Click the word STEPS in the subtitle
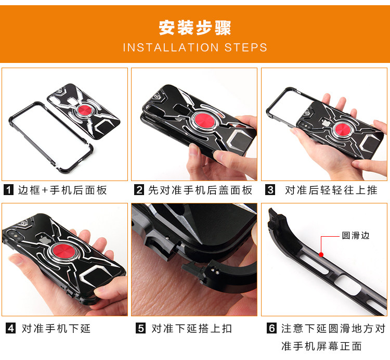coord(246,48)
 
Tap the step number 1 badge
coord(8,190)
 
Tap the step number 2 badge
coord(139,190)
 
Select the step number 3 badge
coord(270,190)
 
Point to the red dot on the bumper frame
coord(321,254)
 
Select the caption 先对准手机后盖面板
coord(200,190)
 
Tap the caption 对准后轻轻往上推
coord(331,190)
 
